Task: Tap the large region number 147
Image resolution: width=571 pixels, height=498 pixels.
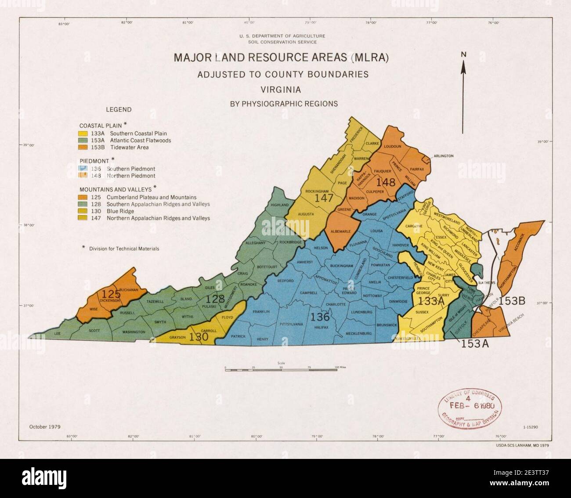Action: pyautogui.click(x=324, y=198)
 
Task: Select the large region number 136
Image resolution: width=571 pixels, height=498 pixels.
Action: pyautogui.click(x=320, y=316)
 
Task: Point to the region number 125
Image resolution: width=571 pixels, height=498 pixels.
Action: pyautogui.click(x=111, y=293)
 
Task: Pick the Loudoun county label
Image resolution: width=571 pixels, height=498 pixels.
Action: pyautogui.click(x=393, y=146)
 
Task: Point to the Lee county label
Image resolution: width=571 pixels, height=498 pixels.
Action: pyautogui.click(x=57, y=333)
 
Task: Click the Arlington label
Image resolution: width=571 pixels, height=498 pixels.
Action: pyautogui.click(x=443, y=156)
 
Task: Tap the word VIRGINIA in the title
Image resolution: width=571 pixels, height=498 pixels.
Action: pyautogui.click(x=281, y=90)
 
